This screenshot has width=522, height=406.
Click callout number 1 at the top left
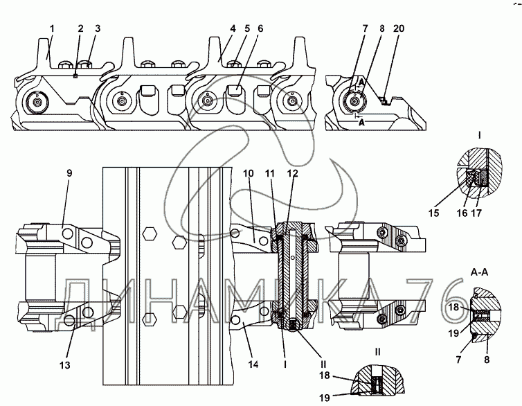[52, 28]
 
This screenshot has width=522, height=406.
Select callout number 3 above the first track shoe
[97, 28]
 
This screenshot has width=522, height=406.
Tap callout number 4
[233, 28]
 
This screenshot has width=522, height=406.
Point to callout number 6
[260, 28]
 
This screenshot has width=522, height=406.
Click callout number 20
[399, 28]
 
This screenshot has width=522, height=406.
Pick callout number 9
[69, 173]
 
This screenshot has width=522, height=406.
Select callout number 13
[65, 365]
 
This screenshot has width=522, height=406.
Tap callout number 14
[253, 364]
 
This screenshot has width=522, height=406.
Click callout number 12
[293, 173]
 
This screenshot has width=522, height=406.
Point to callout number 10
[249, 173]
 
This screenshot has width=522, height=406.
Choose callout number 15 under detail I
[434, 213]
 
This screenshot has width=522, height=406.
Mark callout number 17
[476, 213]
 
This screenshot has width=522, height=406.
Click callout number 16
[462, 213]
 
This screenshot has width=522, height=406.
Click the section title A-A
[479, 272]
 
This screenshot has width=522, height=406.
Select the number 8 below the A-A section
[487, 360]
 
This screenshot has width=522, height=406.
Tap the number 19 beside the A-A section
[453, 333]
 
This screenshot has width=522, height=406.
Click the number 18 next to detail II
[325, 376]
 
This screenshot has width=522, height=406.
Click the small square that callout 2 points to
[75, 76]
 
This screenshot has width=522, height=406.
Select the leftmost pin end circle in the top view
[37, 101]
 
